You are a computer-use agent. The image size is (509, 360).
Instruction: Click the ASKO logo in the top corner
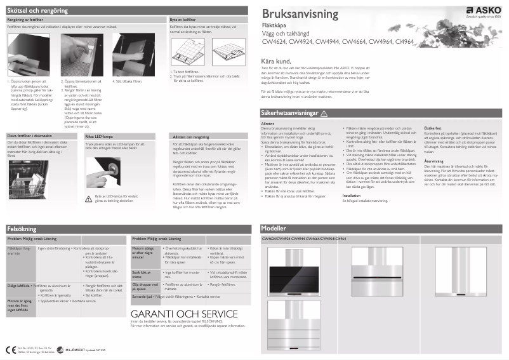click(x=485, y=11)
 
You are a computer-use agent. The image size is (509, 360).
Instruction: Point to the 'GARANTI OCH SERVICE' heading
click(x=184, y=314)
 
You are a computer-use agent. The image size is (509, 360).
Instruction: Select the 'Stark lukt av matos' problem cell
click(x=142, y=274)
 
